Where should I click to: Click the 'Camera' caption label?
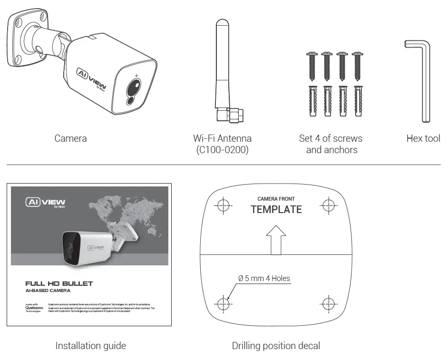point(70,138)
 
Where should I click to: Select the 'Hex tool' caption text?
point(423,138)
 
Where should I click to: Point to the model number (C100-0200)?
point(222,150)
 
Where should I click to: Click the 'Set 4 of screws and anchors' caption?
point(331,144)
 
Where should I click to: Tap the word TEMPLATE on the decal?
point(276,209)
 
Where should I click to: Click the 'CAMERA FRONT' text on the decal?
point(276,199)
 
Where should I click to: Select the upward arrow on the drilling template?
point(276,240)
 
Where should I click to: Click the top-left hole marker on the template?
point(223,205)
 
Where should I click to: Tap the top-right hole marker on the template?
point(329,205)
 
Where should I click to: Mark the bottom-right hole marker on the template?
point(329,302)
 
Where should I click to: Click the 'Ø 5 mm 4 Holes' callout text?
point(264,278)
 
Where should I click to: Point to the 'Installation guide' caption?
point(90,346)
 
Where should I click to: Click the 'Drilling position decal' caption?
point(276,346)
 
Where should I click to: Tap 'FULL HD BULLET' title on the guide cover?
point(59,283)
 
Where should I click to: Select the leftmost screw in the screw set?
point(312,67)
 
